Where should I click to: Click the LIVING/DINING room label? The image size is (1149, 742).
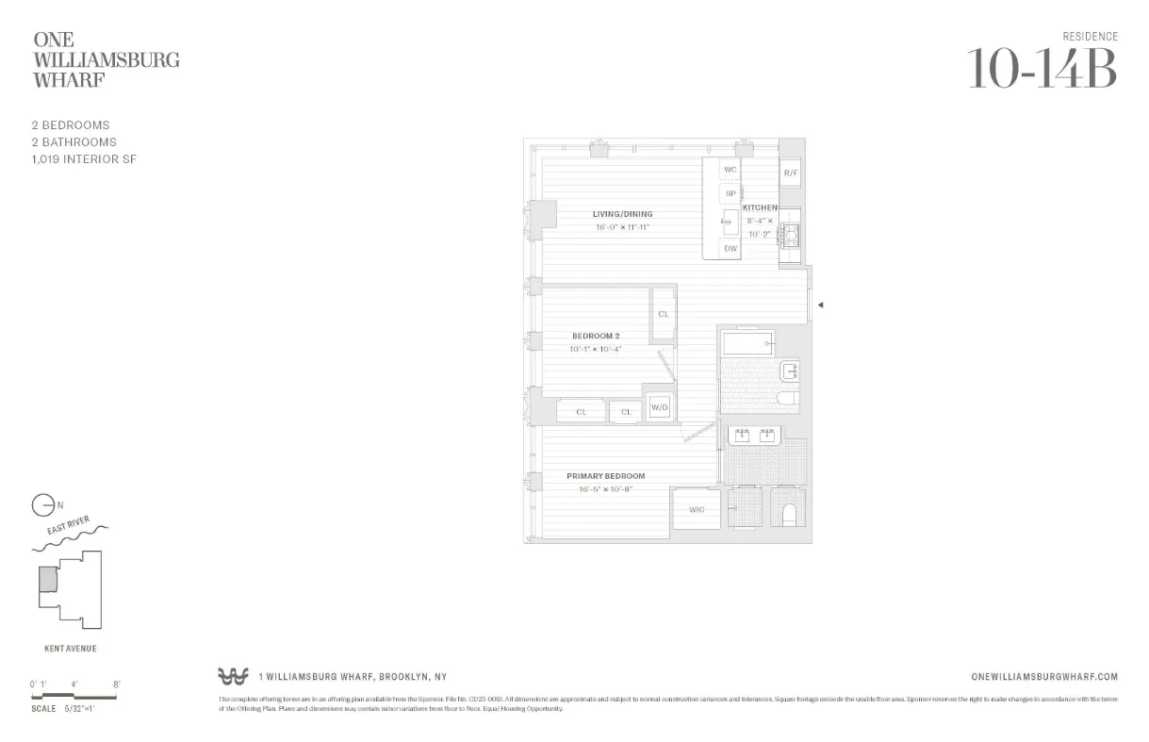pyautogui.click(x=622, y=214)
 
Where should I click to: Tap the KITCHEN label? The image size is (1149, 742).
pyautogui.click(x=760, y=207)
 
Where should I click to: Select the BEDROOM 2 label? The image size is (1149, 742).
pyautogui.click(x=596, y=336)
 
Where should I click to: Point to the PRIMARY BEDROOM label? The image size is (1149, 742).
pyautogui.click(x=605, y=476)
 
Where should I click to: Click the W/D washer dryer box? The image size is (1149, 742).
pyautogui.click(x=659, y=408)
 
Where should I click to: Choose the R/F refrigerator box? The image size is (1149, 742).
pyautogui.click(x=791, y=173)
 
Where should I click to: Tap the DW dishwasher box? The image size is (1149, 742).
pyautogui.click(x=730, y=249)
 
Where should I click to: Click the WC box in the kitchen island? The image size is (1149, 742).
pyautogui.click(x=730, y=170)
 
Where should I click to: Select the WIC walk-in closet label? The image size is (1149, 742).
pyautogui.click(x=697, y=510)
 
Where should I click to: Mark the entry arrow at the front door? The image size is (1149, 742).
pyautogui.click(x=820, y=305)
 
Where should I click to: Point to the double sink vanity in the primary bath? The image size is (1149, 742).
pyautogui.click(x=754, y=435)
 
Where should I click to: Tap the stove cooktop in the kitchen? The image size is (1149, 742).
pyautogui.click(x=790, y=236)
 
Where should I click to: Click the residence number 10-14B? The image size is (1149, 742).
pyautogui.click(x=1042, y=69)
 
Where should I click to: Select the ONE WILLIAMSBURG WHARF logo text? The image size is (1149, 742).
pyautogui.click(x=107, y=59)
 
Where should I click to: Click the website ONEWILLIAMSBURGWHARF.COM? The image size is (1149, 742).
pyautogui.click(x=1043, y=677)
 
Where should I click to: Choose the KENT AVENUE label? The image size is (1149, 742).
pyautogui.click(x=70, y=649)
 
